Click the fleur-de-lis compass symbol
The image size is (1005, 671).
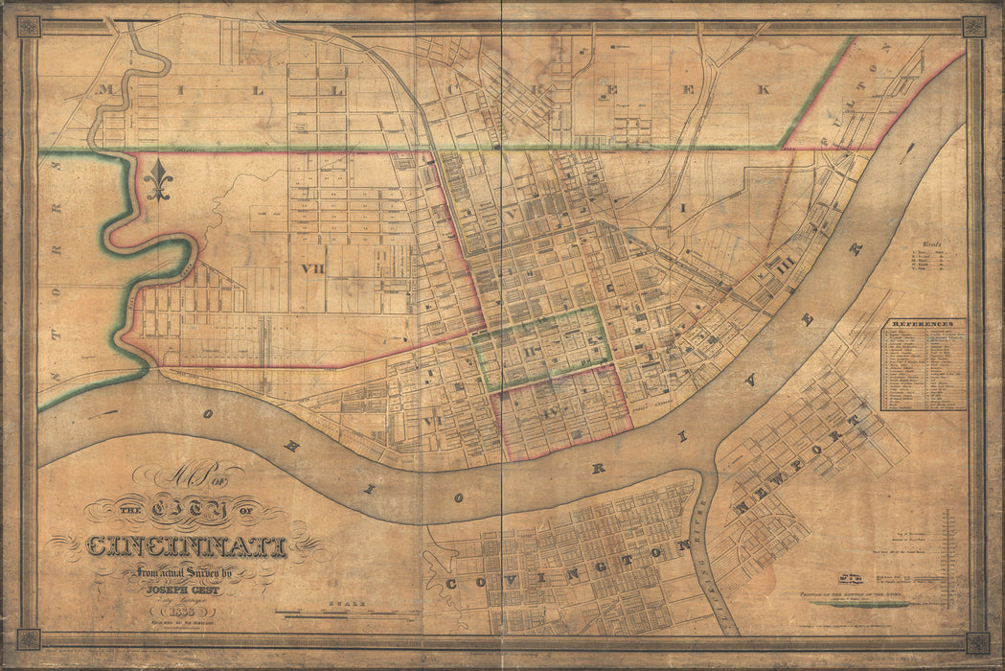coord(158,179)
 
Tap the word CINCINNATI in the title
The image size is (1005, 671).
coord(187,547)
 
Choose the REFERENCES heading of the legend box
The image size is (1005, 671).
coord(923,325)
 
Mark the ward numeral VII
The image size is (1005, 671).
coord(311,269)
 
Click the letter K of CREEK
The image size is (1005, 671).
coord(763,89)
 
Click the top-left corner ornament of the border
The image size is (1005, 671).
coord(29,26)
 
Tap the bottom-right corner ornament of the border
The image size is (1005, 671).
coord(976,641)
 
